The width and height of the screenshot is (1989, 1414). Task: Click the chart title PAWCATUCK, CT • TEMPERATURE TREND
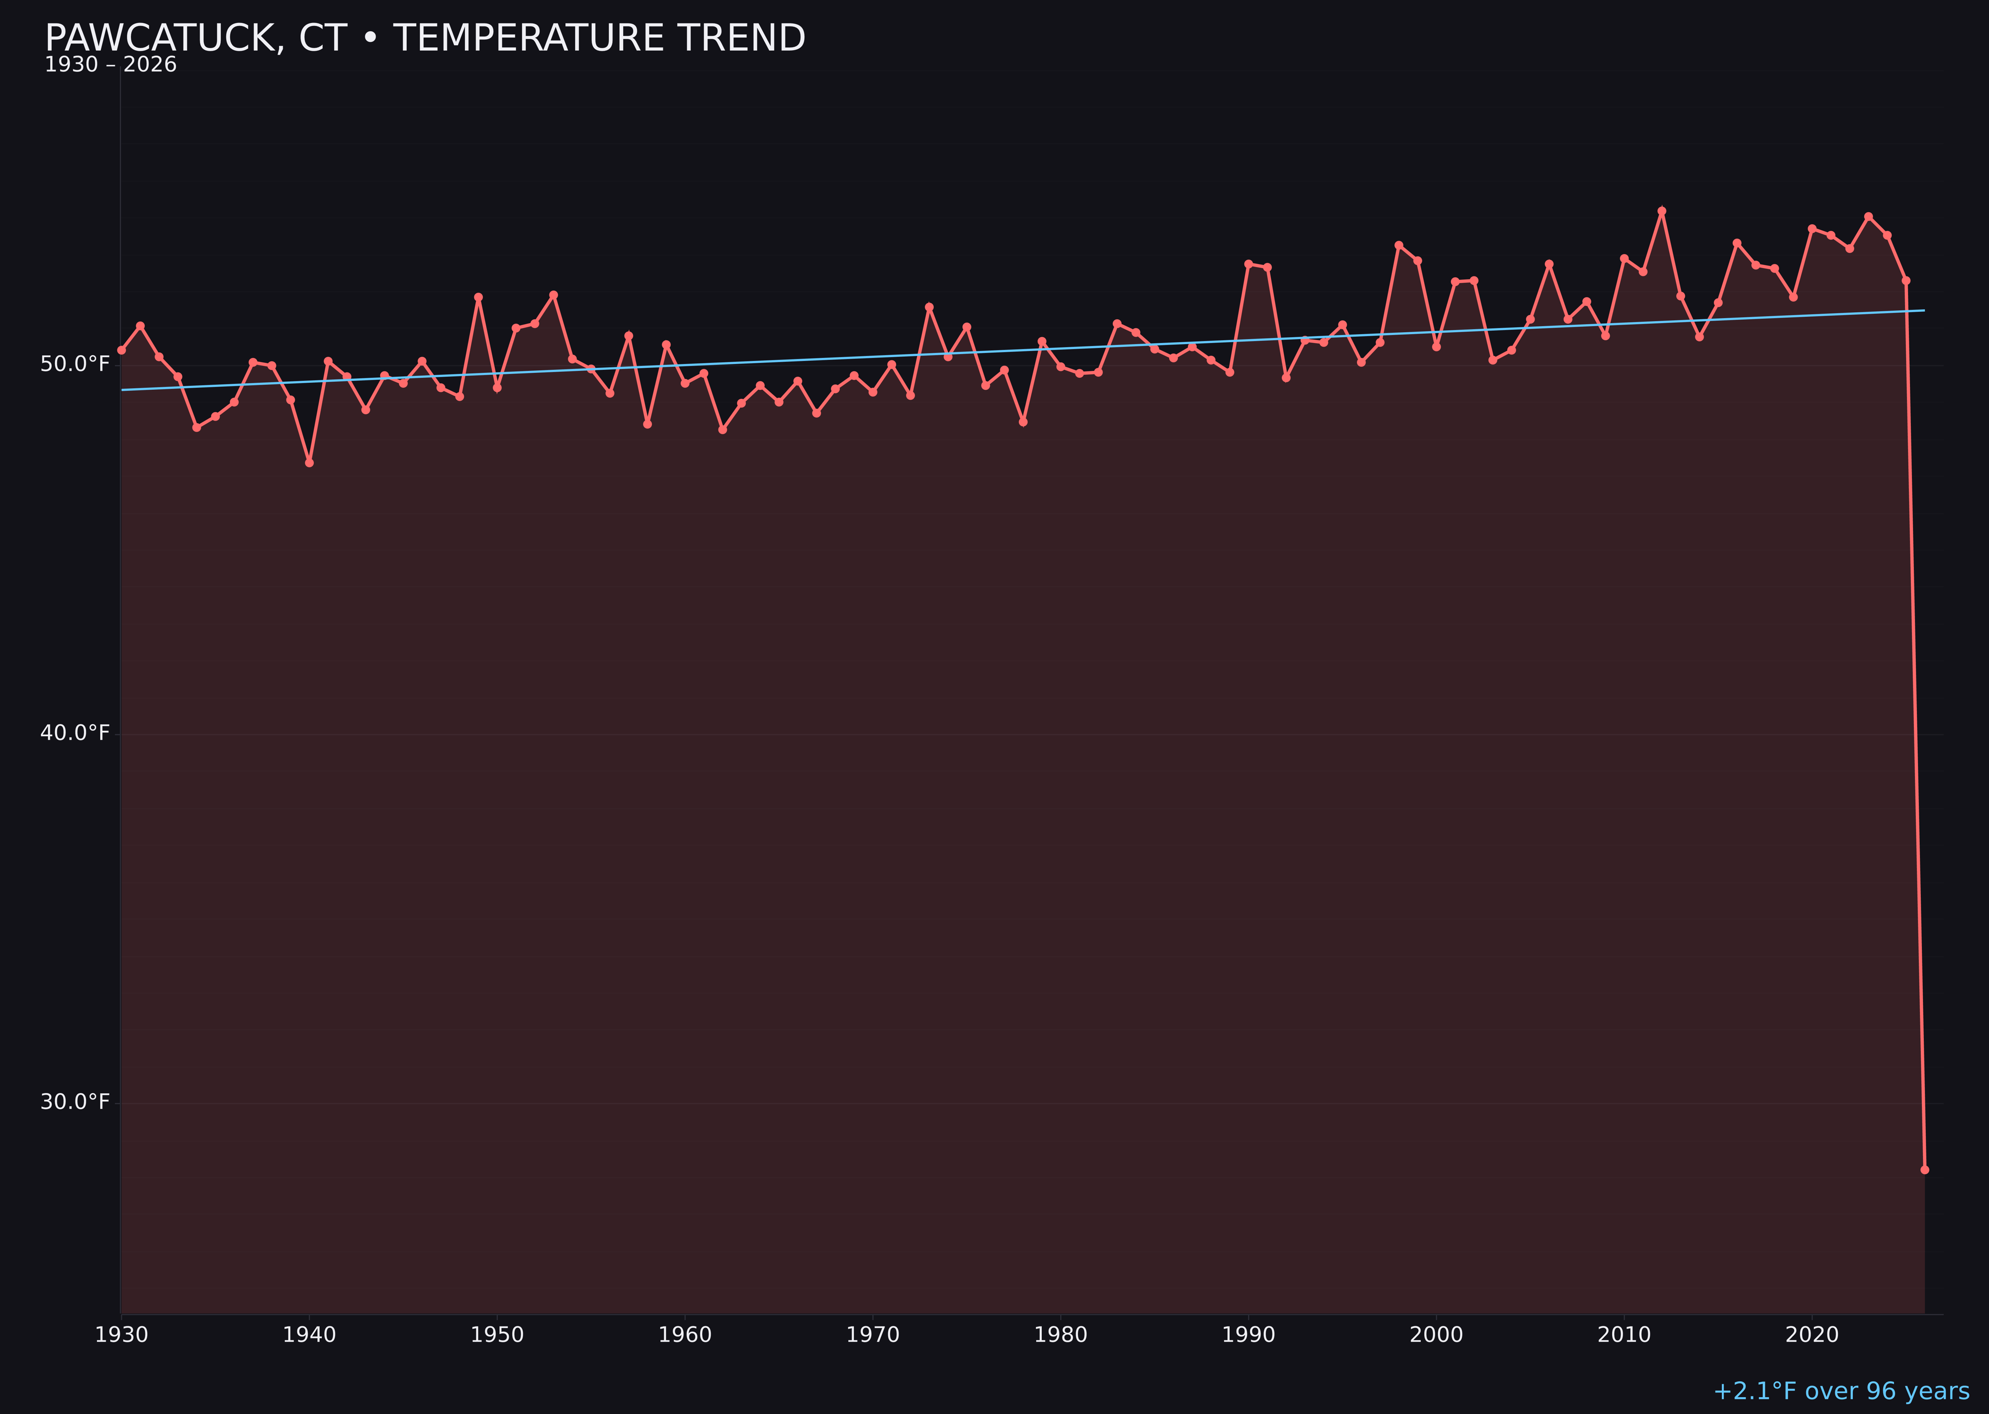point(425,38)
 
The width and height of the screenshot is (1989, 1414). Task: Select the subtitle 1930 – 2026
point(110,65)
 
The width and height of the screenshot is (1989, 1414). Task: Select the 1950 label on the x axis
point(497,1335)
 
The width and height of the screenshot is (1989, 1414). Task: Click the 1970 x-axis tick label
point(873,1335)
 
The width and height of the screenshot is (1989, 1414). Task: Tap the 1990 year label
point(1249,1335)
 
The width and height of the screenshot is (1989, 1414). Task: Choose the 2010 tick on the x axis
point(1624,1335)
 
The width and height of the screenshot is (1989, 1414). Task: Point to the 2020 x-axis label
point(1812,1335)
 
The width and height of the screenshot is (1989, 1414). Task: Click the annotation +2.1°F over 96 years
point(1841,1391)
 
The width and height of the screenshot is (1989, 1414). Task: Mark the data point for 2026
point(1924,1169)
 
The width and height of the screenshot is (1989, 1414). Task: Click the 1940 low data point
point(309,462)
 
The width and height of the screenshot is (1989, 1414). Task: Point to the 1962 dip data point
point(722,429)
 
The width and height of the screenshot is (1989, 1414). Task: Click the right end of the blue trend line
point(1924,311)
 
